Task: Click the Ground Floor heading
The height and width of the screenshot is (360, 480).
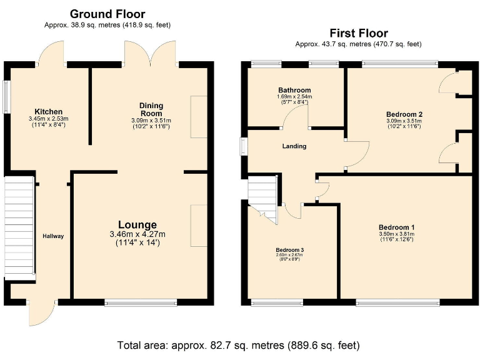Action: [x=107, y=14]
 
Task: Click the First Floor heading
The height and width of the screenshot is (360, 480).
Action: [x=359, y=33]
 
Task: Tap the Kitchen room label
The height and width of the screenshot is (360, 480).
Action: [x=48, y=111]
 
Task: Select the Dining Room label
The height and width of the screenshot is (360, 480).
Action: [x=151, y=109]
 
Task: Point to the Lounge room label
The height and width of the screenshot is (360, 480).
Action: [x=137, y=225]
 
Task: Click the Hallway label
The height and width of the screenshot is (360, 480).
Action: [x=53, y=236]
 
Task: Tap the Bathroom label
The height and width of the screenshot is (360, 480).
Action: [x=294, y=90]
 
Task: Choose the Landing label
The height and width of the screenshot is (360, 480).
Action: [x=294, y=146]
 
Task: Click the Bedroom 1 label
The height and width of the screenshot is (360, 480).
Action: [x=397, y=227]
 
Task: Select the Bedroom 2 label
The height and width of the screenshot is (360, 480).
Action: [x=404, y=114]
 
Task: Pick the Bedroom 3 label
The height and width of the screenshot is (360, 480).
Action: [x=289, y=250]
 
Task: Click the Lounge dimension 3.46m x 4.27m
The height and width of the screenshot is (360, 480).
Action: [x=137, y=234]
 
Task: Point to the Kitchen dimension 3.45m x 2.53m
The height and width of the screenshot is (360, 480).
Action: [x=48, y=119]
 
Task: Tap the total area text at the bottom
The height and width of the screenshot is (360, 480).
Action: [x=239, y=345]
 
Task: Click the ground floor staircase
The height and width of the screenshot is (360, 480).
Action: [x=19, y=228]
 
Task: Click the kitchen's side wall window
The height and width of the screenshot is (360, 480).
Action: [x=7, y=97]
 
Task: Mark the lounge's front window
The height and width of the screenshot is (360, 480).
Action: [x=141, y=302]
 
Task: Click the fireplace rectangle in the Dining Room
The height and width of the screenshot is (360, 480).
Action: [x=199, y=117]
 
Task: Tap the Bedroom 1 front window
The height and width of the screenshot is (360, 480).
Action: [x=398, y=302]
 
